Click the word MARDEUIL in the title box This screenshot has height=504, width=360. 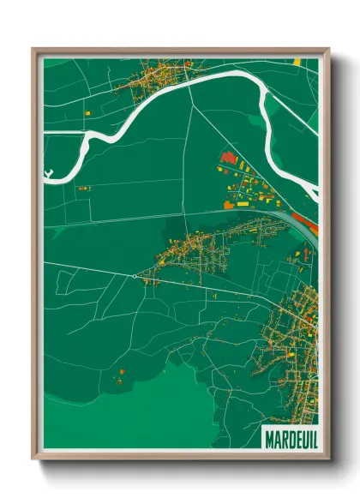click(x=287, y=436)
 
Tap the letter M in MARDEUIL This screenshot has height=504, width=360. click(x=267, y=436)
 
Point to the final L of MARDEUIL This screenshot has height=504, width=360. click(x=310, y=436)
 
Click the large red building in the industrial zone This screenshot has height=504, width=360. click(x=228, y=158)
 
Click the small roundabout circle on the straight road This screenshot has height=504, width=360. click(x=135, y=276)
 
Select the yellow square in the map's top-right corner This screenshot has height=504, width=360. click(x=298, y=62)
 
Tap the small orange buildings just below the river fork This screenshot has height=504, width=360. click(x=83, y=188)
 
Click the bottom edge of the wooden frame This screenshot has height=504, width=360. click(x=180, y=455)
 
